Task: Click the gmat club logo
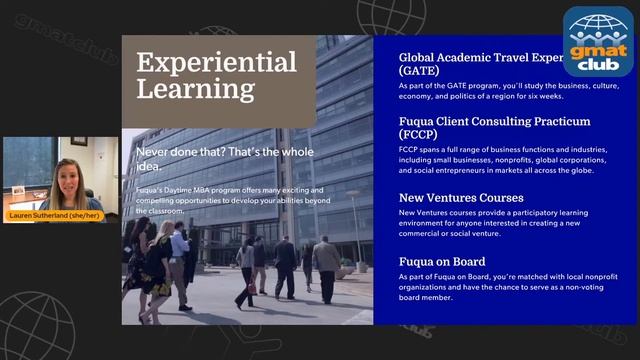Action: (599, 42)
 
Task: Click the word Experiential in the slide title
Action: (216, 61)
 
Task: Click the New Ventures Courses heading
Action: (460, 197)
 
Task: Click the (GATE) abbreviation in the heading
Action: (418, 72)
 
